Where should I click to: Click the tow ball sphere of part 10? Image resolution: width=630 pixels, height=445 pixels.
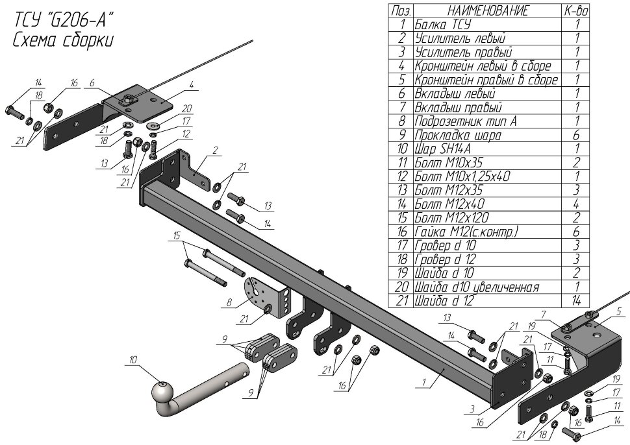pos(162,392)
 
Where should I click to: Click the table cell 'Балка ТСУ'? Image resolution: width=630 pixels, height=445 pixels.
pos(442,25)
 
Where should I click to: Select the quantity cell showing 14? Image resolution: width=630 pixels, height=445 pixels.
pos(577,300)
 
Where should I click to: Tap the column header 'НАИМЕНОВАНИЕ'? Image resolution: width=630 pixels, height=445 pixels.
pos(488,11)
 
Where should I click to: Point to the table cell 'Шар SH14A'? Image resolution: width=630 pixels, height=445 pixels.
pos(442,149)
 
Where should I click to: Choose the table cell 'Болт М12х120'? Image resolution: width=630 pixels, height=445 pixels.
pos(451,218)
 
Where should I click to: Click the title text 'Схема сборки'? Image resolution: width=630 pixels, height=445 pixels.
pos(63,40)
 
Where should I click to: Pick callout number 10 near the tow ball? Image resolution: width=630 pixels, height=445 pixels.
pos(133,360)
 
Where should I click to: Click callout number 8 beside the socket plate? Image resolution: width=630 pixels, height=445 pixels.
pos(229,302)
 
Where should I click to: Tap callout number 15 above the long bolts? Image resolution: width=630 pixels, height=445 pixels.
pos(177,235)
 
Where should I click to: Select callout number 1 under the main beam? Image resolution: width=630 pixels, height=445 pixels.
pos(423,382)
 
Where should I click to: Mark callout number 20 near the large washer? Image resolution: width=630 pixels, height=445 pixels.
pos(187,108)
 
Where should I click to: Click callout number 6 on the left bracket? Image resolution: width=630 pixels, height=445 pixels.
pos(92,83)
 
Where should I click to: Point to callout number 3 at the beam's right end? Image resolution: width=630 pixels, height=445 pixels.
pos(472,409)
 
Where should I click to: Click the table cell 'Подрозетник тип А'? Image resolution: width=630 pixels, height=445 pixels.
pos(466,121)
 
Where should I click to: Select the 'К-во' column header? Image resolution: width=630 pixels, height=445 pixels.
pos(575,11)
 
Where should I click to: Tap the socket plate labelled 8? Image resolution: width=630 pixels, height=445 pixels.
pos(266,298)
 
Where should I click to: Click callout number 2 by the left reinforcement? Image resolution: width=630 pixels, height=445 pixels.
pos(216,151)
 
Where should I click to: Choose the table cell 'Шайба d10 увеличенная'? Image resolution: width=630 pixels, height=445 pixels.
pos(477,287)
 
